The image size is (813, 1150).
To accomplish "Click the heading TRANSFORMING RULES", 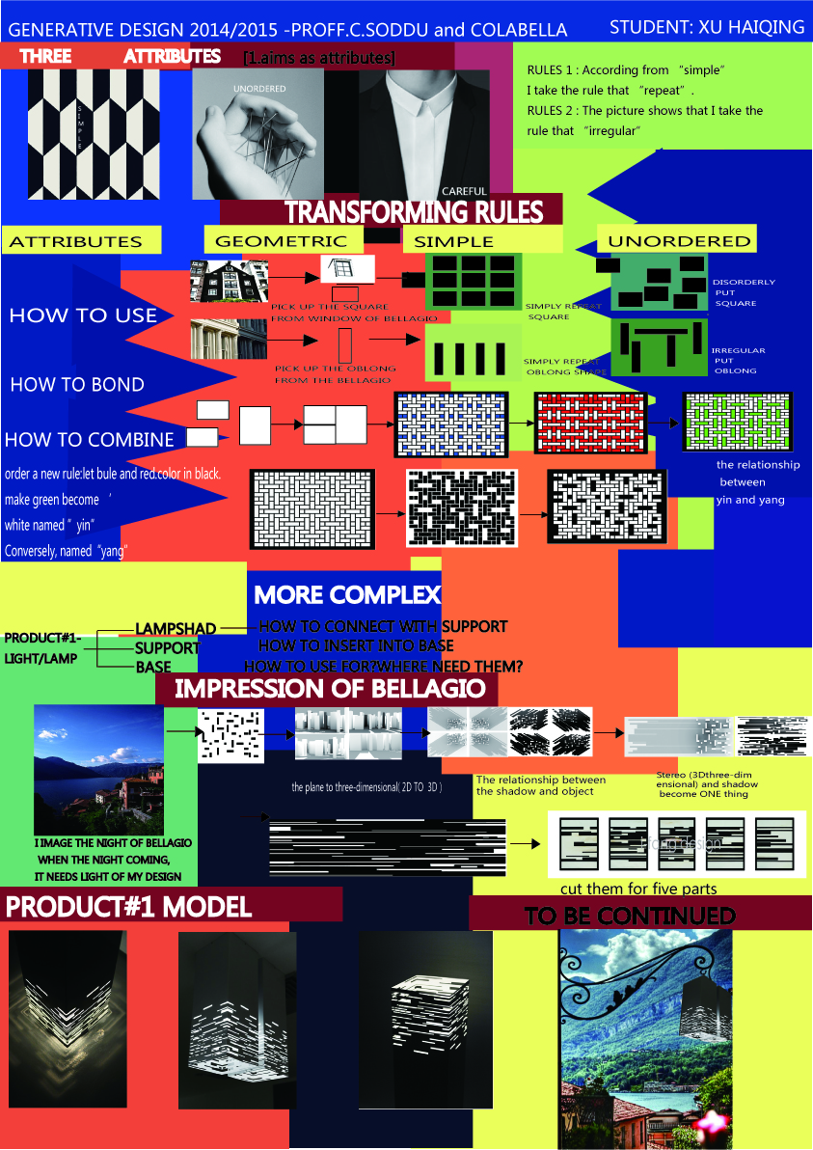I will [x=414, y=212].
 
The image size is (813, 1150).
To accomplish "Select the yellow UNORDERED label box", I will [x=679, y=240].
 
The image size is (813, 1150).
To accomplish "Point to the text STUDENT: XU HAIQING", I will [x=707, y=27].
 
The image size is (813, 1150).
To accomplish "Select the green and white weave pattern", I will [x=737, y=422].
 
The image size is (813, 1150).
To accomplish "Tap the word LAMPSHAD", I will [x=176, y=629].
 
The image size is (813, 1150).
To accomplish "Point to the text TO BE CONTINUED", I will [x=630, y=916].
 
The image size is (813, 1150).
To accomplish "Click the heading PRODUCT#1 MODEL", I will [x=129, y=907].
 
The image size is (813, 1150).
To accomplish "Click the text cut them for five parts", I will [x=638, y=889].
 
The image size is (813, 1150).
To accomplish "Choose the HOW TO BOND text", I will [x=77, y=385].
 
